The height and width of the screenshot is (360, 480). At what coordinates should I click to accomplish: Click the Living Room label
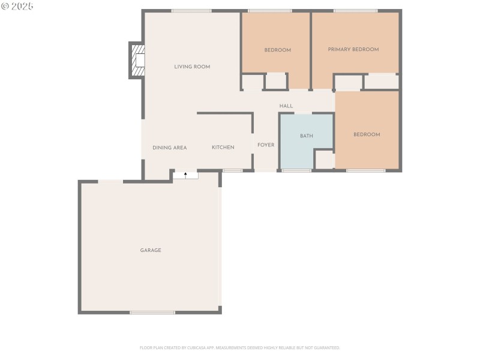(192, 67)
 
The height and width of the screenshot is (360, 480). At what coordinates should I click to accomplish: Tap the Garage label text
(151, 250)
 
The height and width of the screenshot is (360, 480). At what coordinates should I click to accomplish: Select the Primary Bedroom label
(353, 49)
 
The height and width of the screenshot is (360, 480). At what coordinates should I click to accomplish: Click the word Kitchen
(223, 147)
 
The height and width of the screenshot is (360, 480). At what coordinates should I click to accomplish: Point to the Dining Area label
(169, 148)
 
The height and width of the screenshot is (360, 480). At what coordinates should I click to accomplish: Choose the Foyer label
(266, 145)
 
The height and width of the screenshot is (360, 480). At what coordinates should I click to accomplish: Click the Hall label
(286, 106)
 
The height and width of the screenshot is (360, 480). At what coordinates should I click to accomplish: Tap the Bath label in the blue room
(306, 136)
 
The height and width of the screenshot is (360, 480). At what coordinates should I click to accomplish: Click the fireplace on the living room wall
(137, 60)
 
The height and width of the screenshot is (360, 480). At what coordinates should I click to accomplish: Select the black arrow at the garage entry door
(186, 175)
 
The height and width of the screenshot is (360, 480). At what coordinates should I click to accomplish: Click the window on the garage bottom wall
(152, 312)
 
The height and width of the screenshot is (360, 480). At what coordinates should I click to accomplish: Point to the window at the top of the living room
(191, 11)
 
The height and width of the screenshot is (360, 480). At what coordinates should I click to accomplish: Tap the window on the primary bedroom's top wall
(355, 11)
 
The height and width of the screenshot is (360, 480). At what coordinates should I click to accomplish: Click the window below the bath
(296, 171)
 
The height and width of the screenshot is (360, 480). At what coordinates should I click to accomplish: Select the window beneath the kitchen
(233, 171)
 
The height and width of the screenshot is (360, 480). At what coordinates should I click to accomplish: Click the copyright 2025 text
(17, 6)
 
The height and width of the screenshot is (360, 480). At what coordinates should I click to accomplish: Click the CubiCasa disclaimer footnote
(240, 347)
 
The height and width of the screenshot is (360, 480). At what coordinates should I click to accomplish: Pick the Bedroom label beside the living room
(277, 50)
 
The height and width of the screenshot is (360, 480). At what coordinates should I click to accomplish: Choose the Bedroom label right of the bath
(366, 134)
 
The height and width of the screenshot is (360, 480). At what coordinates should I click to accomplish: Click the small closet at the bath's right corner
(324, 159)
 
